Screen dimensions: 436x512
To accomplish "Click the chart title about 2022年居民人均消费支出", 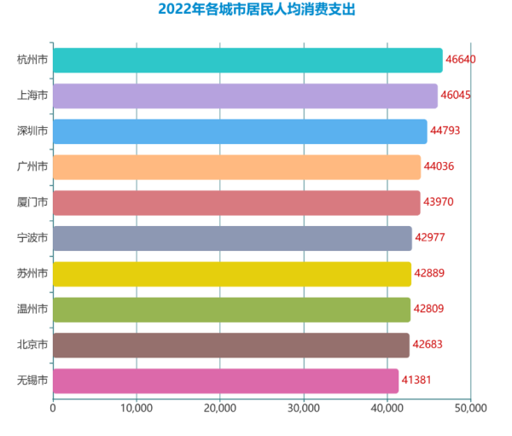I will (x=256, y=10).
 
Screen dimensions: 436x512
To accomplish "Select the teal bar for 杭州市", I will (x=247, y=61).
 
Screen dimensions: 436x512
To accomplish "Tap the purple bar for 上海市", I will (x=245, y=96).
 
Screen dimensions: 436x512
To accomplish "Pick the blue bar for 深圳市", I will (x=240, y=131).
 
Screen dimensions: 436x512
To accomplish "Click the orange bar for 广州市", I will (x=236, y=167).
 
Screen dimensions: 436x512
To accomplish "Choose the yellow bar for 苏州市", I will (x=232, y=274).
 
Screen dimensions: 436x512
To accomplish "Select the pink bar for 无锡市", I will (x=225, y=381).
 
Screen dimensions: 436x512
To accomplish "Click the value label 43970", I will (x=440, y=203).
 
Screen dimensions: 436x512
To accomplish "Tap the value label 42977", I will (x=432, y=238).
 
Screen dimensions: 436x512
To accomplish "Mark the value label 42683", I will (x=429, y=345).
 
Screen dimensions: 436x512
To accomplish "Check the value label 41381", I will (x=418, y=381).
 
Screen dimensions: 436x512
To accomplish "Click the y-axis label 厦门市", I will (x=32, y=203).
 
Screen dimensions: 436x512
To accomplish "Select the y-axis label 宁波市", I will (x=32, y=238).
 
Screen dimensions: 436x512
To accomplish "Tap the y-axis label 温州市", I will (x=32, y=310).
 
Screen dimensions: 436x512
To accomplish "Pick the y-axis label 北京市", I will (x=32, y=345).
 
